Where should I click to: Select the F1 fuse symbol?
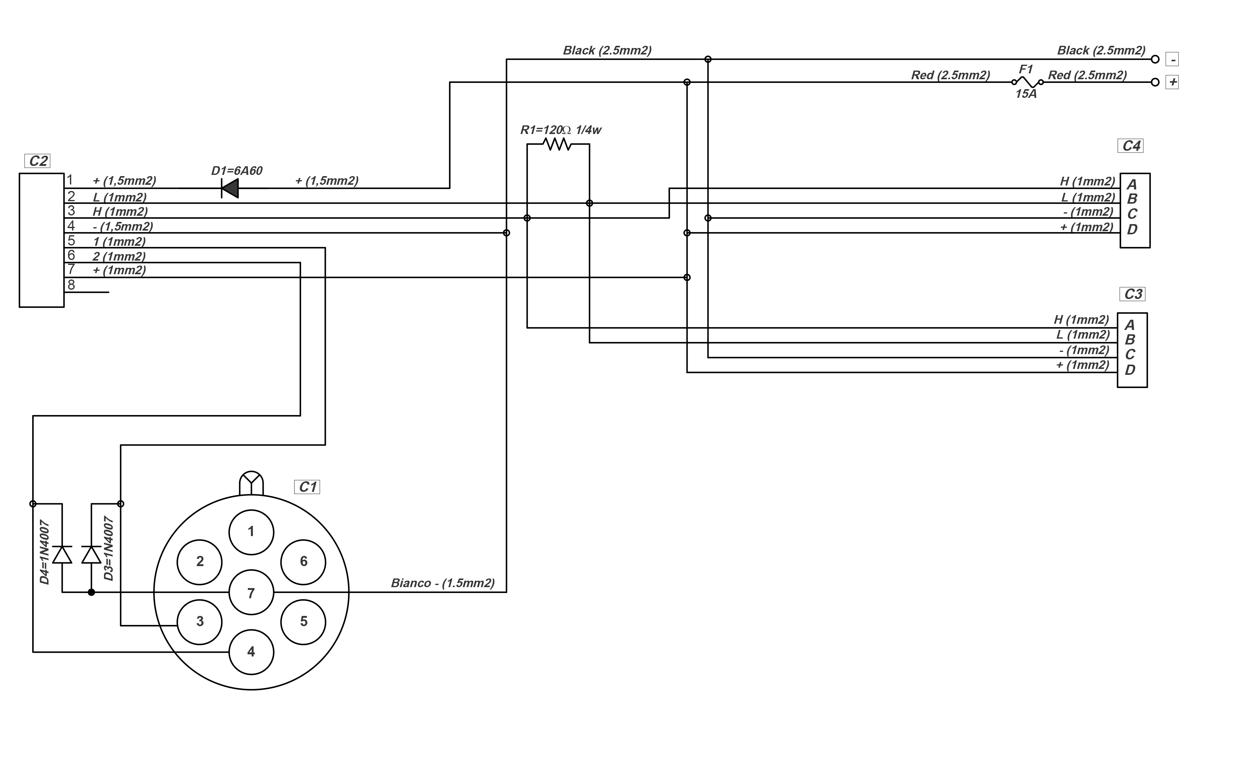[x=1027, y=82]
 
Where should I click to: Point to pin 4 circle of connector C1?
[x=251, y=652]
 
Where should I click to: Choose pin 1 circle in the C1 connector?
[x=251, y=532]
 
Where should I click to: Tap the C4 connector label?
[x=1131, y=146]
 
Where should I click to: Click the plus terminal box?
[x=1172, y=82]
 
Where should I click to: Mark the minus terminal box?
[x=1172, y=60]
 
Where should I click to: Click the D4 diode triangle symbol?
[x=62, y=554]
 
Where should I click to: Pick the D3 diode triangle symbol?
[x=91, y=554]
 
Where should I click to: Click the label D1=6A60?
[x=237, y=171]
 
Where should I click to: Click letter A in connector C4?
[x=1132, y=184]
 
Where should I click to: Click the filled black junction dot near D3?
[x=91, y=592]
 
